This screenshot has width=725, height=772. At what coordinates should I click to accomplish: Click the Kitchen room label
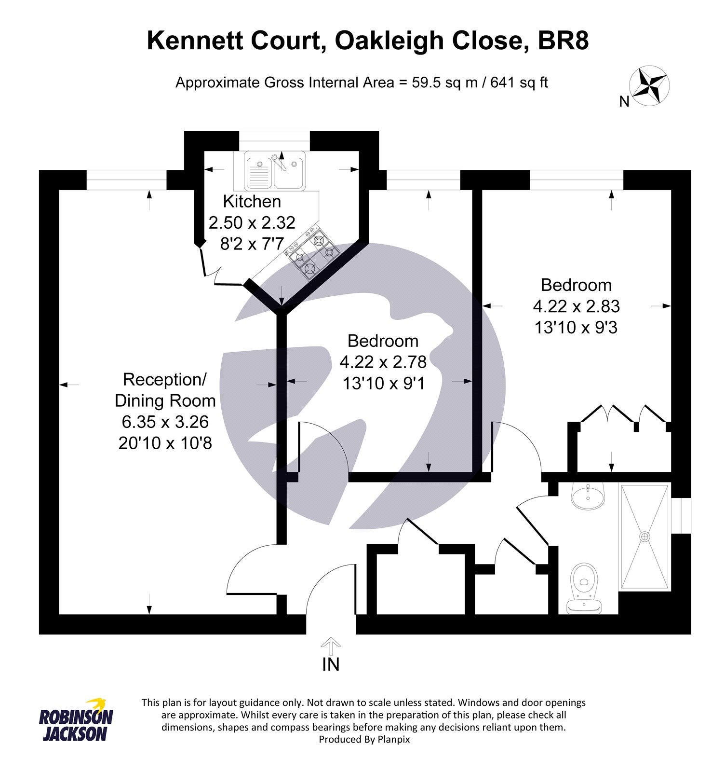click(252, 201)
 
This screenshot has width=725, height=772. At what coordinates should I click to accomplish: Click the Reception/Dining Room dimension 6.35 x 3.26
click(165, 422)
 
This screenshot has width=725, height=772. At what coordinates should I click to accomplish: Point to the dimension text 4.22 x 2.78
click(383, 362)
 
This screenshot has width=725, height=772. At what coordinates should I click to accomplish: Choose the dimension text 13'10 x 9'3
click(576, 328)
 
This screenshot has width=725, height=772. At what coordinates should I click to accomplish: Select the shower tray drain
click(644, 536)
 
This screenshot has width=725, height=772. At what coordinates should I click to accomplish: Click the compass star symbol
click(650, 86)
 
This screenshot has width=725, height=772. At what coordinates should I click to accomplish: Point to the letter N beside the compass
click(624, 102)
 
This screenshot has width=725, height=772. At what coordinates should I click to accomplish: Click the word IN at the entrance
click(331, 664)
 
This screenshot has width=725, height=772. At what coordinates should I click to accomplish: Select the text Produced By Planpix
click(364, 739)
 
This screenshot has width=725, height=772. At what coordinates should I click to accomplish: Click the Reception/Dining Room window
click(126, 180)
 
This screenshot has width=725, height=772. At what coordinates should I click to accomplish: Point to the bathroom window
click(682, 516)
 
